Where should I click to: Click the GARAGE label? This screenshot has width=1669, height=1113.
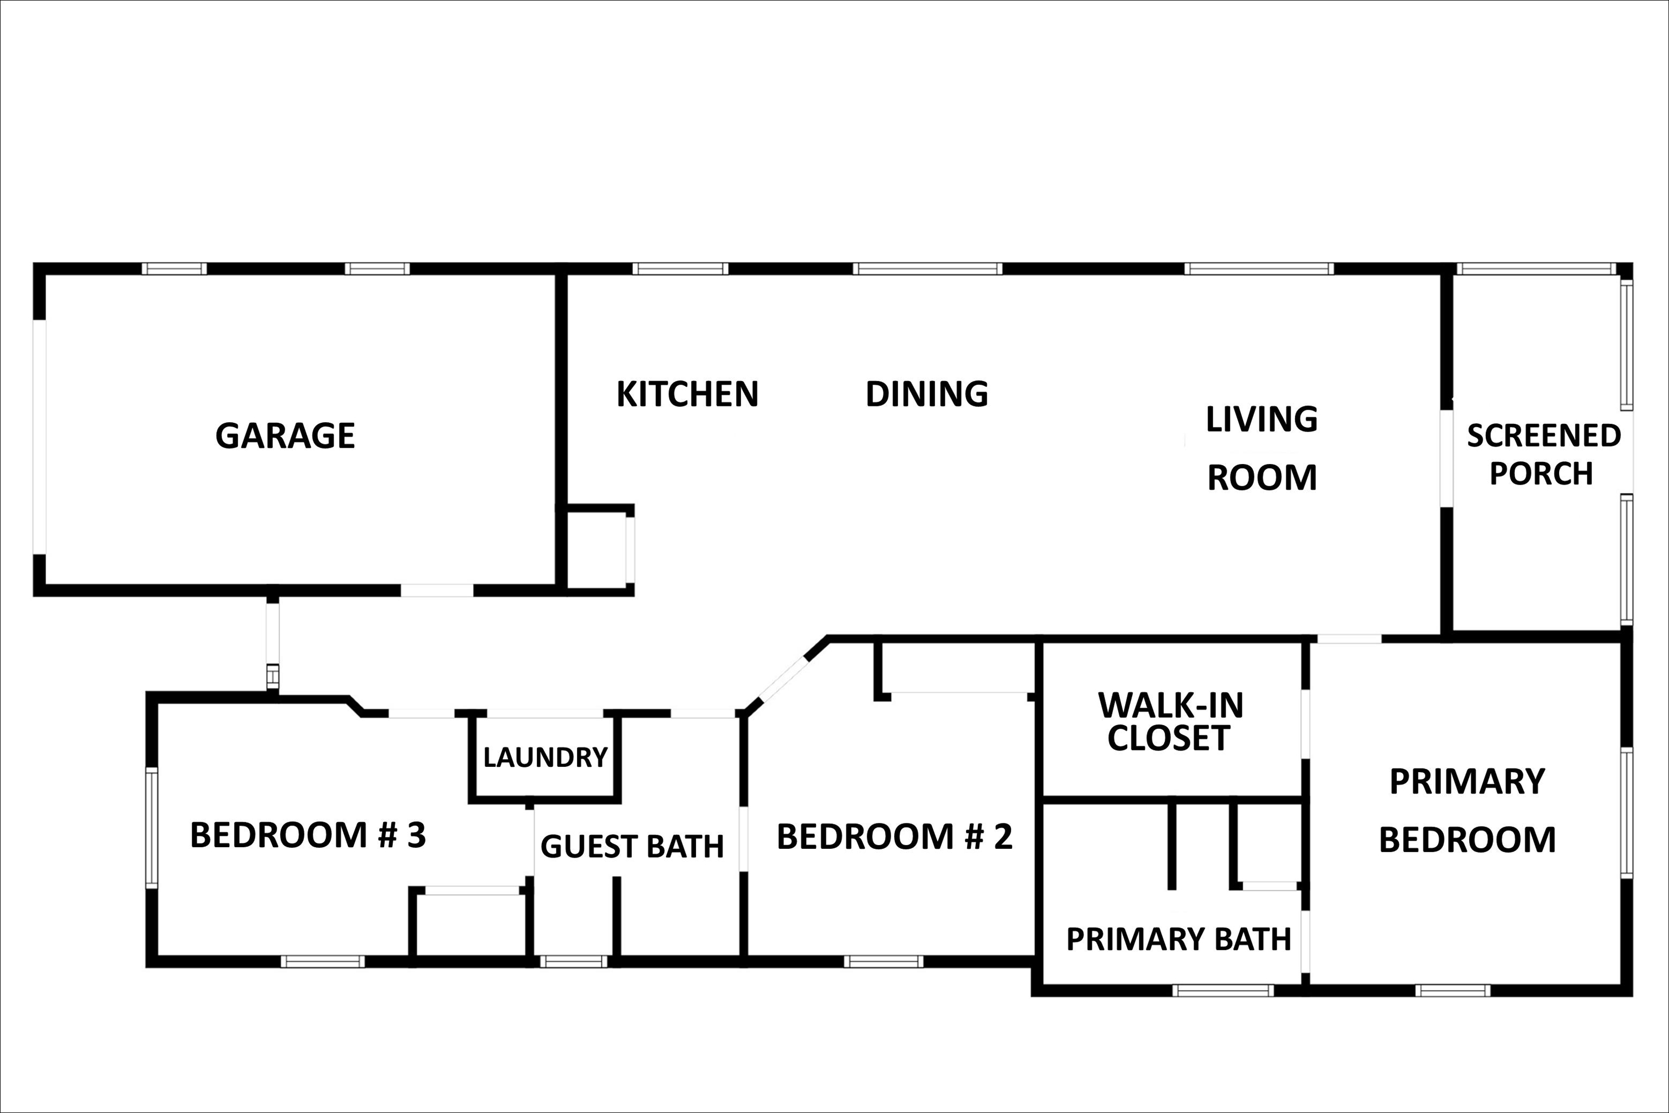click(x=285, y=435)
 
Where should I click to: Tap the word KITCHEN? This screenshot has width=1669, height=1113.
click(x=687, y=394)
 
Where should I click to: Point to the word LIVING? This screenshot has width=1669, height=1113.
click(x=1262, y=420)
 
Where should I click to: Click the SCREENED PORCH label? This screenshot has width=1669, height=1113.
click(x=1543, y=454)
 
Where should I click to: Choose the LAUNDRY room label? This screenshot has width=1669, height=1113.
click(x=545, y=758)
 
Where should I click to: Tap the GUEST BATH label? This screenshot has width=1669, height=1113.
click(x=631, y=846)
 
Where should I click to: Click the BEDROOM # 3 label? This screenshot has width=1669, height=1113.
click(x=308, y=835)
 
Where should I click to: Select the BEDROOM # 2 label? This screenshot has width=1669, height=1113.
click(x=894, y=836)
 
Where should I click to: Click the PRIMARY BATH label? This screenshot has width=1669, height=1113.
click(x=1178, y=939)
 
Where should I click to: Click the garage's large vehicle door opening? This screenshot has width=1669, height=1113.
click(x=40, y=436)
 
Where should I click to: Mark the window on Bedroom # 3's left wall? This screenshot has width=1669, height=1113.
click(x=151, y=828)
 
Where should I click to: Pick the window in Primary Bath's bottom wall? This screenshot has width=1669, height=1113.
click(x=1222, y=990)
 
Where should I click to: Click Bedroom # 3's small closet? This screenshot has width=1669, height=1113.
click(x=470, y=924)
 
